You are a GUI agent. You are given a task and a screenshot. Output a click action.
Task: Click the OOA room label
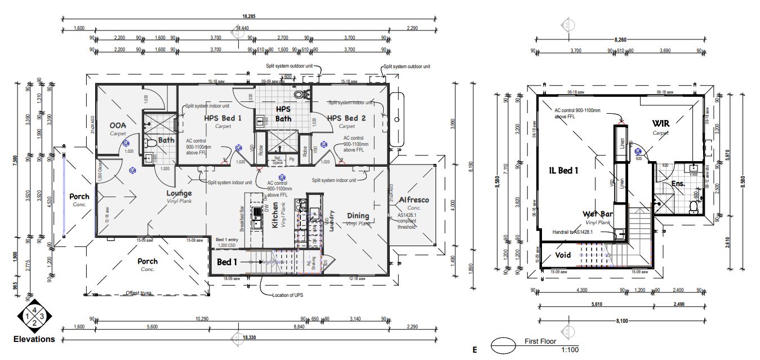(x=118, y=125)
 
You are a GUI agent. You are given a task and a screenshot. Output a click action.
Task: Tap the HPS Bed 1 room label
(x=222, y=118)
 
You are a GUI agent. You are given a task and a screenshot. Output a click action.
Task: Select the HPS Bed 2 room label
(x=346, y=118)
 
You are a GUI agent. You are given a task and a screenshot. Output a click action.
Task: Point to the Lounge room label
(x=179, y=193)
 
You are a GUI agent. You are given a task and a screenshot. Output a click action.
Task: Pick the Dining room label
(x=358, y=216)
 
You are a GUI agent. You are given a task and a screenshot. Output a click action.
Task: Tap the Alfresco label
(x=414, y=200)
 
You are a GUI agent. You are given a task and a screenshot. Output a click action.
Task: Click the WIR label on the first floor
(x=660, y=123)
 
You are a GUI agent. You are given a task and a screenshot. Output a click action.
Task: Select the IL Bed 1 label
(x=564, y=170)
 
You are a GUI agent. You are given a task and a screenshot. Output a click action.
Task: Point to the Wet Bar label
(x=598, y=214)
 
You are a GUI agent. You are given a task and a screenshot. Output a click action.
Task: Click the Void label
(x=563, y=255)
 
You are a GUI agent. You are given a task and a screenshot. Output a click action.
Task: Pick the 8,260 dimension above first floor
(x=619, y=40)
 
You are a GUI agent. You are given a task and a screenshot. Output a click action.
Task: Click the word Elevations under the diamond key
(x=34, y=339)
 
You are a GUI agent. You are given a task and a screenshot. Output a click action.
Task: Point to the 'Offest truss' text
(x=139, y=293)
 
